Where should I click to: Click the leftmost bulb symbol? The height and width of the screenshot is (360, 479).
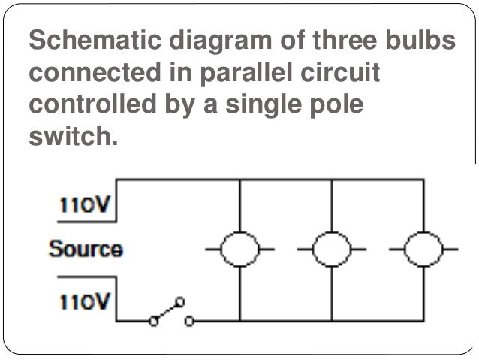coord(239,248)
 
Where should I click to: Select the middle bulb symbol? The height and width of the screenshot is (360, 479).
coord(330,248)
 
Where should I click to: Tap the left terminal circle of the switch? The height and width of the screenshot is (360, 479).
coord(154,321)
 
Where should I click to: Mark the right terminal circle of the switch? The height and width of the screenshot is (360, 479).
coord(188,321)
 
